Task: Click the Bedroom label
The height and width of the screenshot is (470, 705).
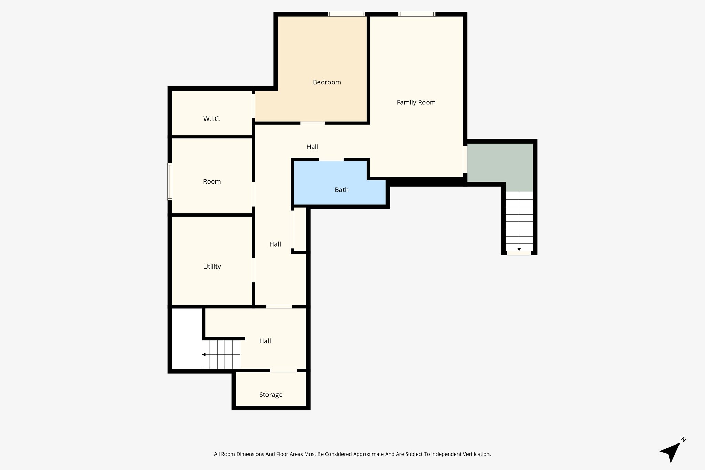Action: coord(327,82)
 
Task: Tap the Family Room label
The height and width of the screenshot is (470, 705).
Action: coord(416,102)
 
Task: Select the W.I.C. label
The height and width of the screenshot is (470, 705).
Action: coord(212,119)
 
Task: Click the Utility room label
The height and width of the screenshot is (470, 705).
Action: coord(212,267)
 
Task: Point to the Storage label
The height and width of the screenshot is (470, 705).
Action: coord(271,395)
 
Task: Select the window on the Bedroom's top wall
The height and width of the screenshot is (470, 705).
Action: coord(346,14)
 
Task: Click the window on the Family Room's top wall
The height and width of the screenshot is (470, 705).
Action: coord(417,14)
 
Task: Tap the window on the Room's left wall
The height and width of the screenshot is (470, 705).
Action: coord(170,181)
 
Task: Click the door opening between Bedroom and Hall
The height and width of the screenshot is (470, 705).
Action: coord(312,123)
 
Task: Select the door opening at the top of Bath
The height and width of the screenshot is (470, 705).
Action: coord(331,159)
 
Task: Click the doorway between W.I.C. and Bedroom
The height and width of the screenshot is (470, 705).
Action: coord(254,106)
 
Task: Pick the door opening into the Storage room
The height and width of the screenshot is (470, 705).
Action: coord(283,370)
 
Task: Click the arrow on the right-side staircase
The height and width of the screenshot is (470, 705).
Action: coord(519,249)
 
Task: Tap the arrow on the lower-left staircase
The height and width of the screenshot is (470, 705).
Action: coord(204,355)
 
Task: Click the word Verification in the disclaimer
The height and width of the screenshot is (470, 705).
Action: coord(477,454)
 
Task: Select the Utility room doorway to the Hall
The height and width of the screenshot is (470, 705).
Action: coord(254,270)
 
